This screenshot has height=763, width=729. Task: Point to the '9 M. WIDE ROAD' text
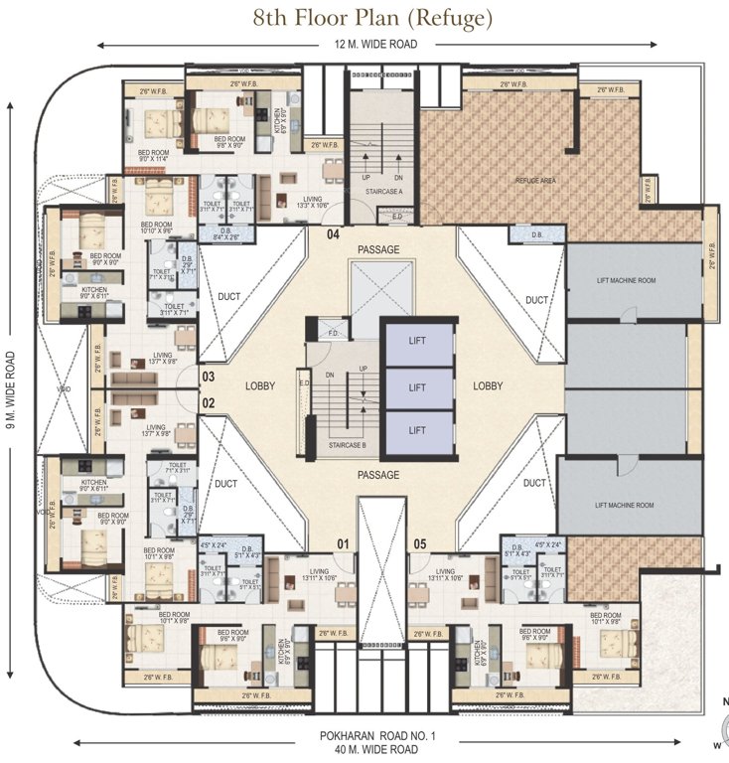(x=10, y=386)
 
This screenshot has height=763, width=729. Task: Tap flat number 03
(x=209, y=378)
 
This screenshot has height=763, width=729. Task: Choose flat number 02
(x=209, y=403)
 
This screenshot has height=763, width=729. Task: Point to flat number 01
(x=344, y=543)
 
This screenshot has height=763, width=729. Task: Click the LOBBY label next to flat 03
(x=261, y=385)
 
